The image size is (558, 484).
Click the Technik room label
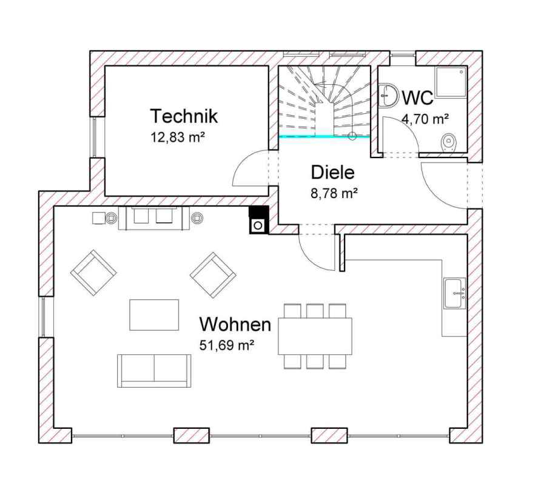click(184, 116)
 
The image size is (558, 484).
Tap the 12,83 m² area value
click(178, 137)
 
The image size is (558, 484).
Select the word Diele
click(333, 173)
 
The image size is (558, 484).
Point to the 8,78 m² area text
click(334, 193)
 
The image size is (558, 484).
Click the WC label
click(418, 98)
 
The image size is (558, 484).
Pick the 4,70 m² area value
click(425, 119)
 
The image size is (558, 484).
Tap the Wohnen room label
click(235, 324)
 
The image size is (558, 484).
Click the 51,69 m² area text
click(226, 345)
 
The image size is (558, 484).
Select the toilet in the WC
click(449, 143)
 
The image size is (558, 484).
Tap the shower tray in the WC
click(451, 82)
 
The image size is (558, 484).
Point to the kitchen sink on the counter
click(454, 293)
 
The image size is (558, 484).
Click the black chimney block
click(258, 220)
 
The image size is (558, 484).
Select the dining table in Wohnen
click(315, 336)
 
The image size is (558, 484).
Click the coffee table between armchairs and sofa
click(154, 315)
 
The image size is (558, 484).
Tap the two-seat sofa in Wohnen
click(154, 371)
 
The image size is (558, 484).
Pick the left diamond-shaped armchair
click(93, 273)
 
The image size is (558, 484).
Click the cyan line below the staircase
click(324, 136)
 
